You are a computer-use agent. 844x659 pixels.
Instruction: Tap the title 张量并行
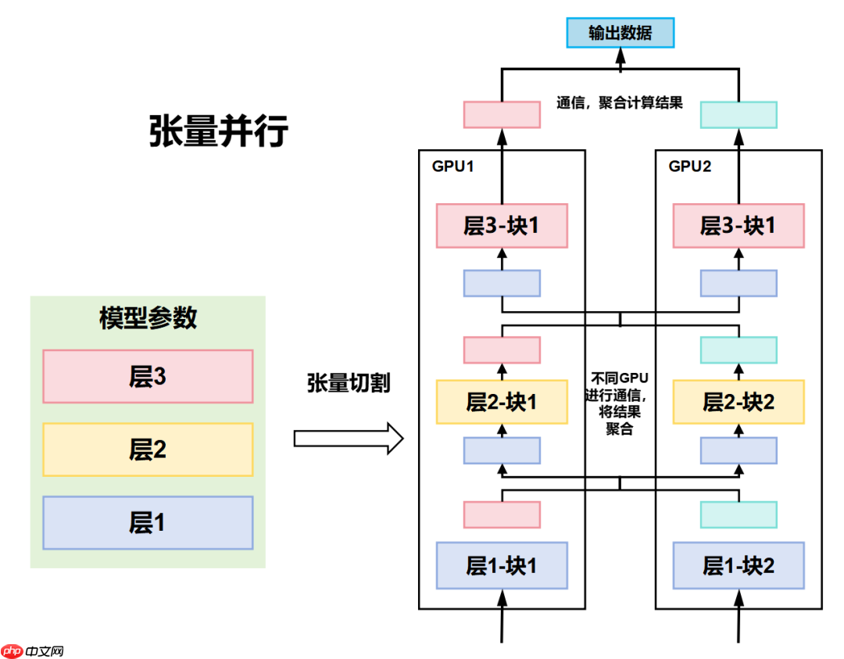pos(218,131)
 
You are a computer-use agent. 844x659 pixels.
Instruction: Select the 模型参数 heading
pos(148,318)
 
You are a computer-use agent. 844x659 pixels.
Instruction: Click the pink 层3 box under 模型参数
pos(148,377)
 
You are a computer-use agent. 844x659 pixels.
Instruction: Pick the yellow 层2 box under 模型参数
pos(148,449)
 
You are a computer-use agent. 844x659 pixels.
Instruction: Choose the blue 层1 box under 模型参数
pos(148,522)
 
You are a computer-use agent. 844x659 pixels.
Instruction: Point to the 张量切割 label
pos(349,383)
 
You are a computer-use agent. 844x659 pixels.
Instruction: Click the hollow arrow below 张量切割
pos(349,439)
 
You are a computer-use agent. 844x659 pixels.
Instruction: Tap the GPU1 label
pos(453,167)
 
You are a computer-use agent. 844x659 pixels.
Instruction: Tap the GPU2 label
pos(690,167)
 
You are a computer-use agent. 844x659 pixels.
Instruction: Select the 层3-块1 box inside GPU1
pos(502,226)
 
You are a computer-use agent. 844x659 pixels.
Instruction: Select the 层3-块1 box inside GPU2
pos(738,226)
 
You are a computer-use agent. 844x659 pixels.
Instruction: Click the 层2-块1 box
pos(502,402)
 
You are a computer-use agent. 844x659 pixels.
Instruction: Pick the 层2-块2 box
pos(738,402)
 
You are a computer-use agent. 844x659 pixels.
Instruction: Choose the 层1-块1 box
pos(502,565)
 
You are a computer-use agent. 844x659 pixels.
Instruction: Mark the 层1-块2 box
pos(738,565)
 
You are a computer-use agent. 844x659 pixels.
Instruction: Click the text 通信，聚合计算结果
pos(620,102)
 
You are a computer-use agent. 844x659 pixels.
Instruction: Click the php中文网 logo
pos(33,650)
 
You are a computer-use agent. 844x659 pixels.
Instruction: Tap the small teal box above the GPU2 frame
pos(738,115)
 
